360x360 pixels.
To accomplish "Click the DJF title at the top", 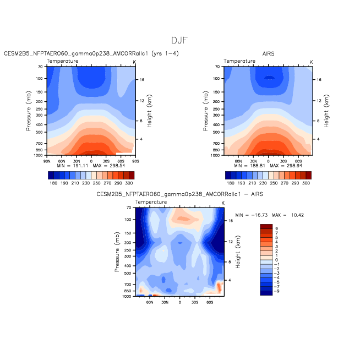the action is click(x=179, y=40).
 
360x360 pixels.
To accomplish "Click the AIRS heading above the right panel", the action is click(x=268, y=54).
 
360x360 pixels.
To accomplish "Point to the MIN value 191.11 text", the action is click(x=80, y=166).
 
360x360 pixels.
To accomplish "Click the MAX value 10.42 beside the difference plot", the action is click(x=298, y=215).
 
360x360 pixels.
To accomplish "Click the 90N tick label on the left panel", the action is click(x=47, y=161).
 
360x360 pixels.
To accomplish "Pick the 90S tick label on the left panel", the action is click(x=135, y=161).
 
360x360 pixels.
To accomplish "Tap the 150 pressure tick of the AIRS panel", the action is click(x=216, y=92).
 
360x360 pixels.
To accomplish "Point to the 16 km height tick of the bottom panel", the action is click(x=231, y=221).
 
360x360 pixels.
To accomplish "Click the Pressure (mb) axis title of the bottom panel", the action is click(x=117, y=252).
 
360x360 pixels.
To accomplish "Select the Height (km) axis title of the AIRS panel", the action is click(x=326, y=111).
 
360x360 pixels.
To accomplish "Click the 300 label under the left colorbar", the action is click(x=129, y=183).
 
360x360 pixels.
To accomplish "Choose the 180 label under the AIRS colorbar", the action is click(x=231, y=183).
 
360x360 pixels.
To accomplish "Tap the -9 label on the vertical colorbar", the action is click(x=276, y=291).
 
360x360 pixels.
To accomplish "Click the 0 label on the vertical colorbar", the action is click(x=276, y=260).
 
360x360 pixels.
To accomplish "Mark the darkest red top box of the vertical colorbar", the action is click(x=266, y=227).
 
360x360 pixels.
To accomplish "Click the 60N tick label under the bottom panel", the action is click(x=150, y=302).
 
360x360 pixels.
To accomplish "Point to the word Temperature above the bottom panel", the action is click(x=151, y=202).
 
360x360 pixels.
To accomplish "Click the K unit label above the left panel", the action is click(x=134, y=62).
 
